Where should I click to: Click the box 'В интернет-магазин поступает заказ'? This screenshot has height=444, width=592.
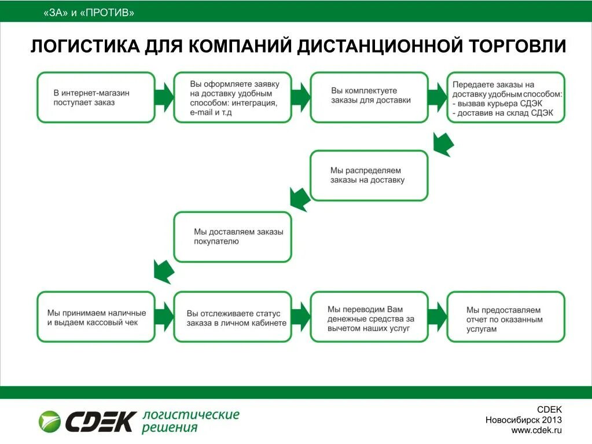[x=96, y=97]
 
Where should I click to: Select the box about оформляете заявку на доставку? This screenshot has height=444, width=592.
[x=233, y=97]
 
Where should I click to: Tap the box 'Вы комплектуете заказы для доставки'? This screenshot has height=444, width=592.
[x=369, y=97]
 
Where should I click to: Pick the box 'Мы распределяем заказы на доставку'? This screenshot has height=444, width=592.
[x=369, y=175]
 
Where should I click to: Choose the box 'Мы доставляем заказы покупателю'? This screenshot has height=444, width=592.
[x=233, y=237]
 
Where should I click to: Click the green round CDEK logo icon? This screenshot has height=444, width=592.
[x=50, y=421]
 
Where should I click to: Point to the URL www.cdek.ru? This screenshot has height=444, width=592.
[x=536, y=430]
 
